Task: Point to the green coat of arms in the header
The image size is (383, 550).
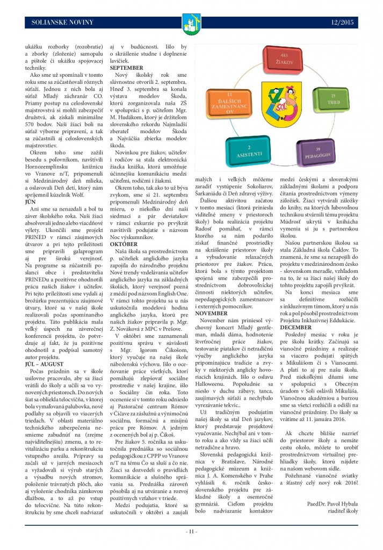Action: click(x=191, y=23)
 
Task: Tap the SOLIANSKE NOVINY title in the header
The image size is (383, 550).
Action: click(x=63, y=22)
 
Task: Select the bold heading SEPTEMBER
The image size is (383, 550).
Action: click(x=127, y=68)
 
